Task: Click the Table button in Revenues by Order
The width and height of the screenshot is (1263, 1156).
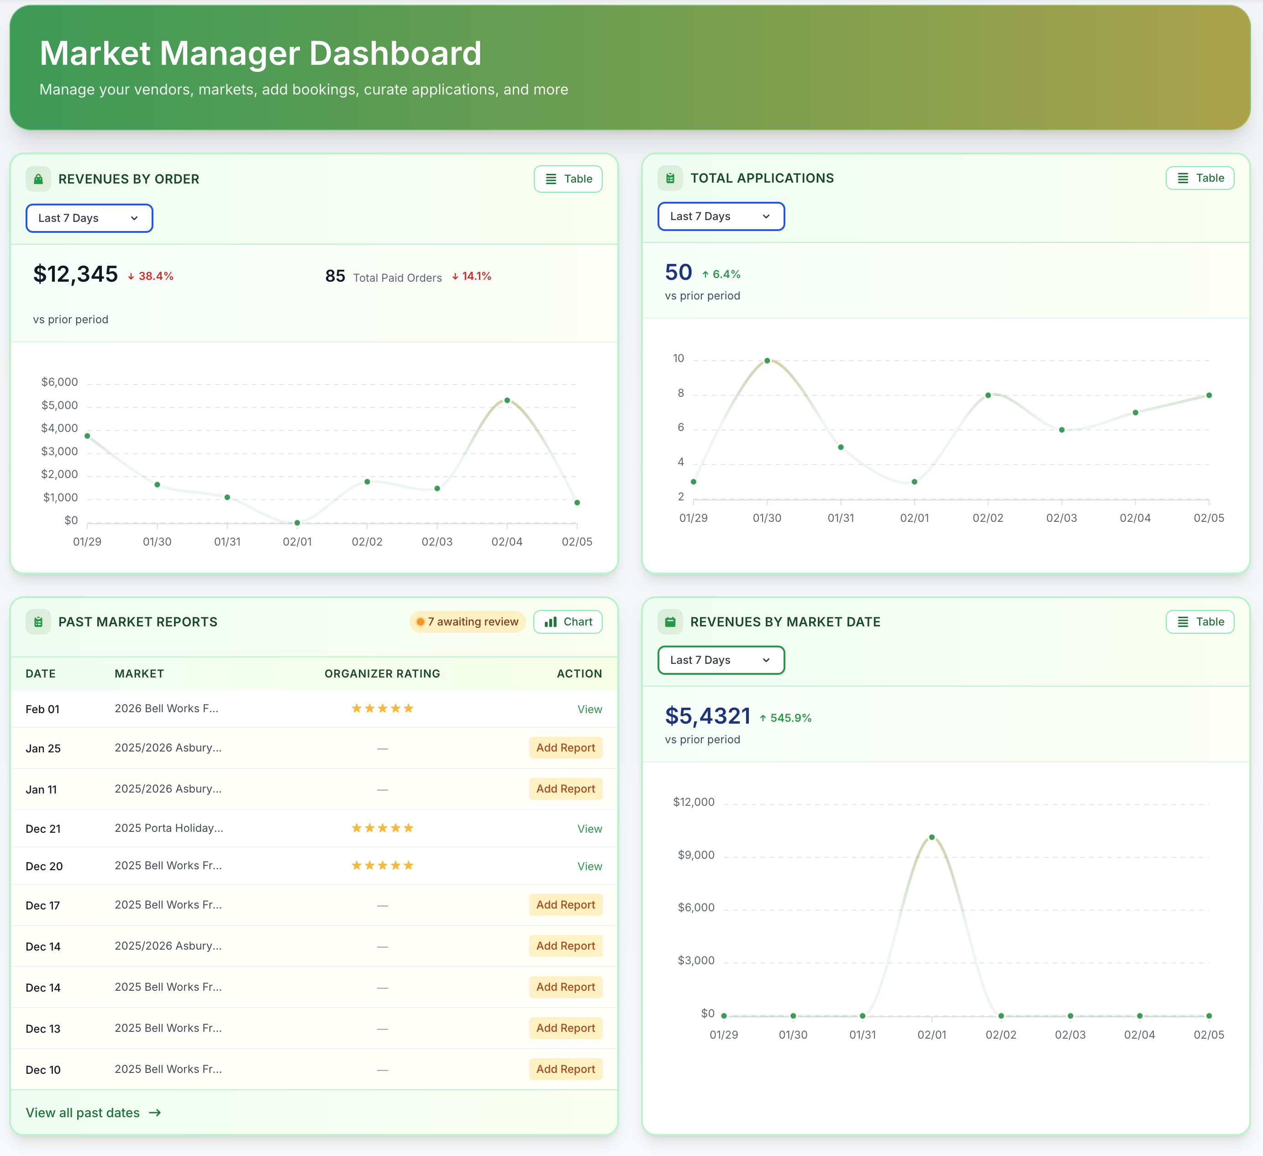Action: (x=568, y=179)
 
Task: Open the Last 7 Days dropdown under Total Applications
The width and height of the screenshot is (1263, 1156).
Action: (x=721, y=216)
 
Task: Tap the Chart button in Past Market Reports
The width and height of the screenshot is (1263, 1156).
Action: (x=568, y=621)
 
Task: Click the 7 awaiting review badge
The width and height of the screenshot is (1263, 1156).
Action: (x=468, y=621)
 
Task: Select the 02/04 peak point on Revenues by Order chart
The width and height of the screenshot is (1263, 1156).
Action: (x=507, y=400)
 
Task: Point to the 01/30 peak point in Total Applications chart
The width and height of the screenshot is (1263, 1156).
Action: (x=767, y=361)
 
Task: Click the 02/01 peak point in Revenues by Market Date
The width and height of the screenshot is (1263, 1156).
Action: (x=931, y=837)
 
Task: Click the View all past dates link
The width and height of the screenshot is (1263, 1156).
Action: (x=93, y=1113)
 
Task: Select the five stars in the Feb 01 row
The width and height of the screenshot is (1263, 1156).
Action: (x=382, y=709)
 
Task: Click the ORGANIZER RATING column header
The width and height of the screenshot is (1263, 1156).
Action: (x=382, y=673)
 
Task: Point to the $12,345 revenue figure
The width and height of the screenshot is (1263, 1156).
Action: (x=75, y=274)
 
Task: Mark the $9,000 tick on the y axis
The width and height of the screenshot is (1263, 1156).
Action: (x=695, y=855)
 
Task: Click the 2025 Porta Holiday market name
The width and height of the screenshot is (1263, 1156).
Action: (x=168, y=828)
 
